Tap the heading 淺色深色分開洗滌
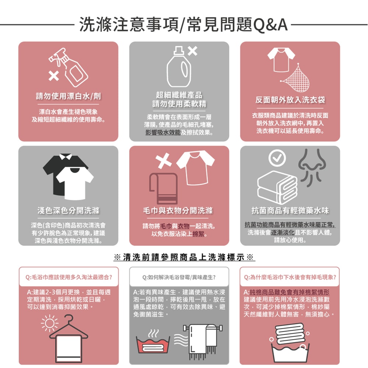[x=68, y=210]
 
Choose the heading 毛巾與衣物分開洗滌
[x=179, y=210]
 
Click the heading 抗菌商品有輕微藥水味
[x=290, y=210]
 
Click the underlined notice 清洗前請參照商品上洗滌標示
[x=184, y=257]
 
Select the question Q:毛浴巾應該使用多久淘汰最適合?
[x=69, y=276]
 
